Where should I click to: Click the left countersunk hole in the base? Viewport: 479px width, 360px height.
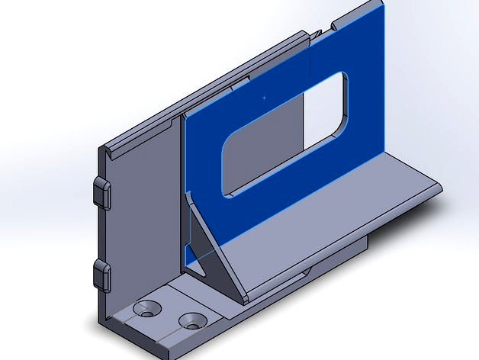coord(147,308)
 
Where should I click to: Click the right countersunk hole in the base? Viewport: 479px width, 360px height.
coord(194,320)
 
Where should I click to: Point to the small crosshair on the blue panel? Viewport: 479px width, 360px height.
coord(264,98)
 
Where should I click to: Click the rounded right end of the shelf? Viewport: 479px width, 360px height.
coord(436,186)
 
